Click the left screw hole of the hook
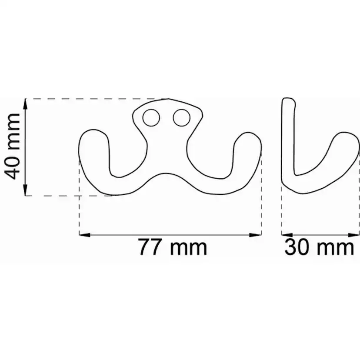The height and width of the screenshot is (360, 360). tap(151, 117)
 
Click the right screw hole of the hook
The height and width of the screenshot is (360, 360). tap(182, 117)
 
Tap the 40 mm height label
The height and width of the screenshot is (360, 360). tap(13, 146)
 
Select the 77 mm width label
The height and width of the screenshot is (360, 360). tap(173, 247)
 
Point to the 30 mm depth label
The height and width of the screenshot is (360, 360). tap(319, 247)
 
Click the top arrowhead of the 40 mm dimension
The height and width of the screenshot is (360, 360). tap(25, 104)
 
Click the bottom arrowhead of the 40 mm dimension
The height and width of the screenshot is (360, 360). tap(25, 190)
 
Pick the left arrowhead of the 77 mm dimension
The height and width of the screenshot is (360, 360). tap(85, 235)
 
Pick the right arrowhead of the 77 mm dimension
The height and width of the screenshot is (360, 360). tap(256, 235)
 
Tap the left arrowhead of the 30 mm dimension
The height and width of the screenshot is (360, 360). tap(287, 235)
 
